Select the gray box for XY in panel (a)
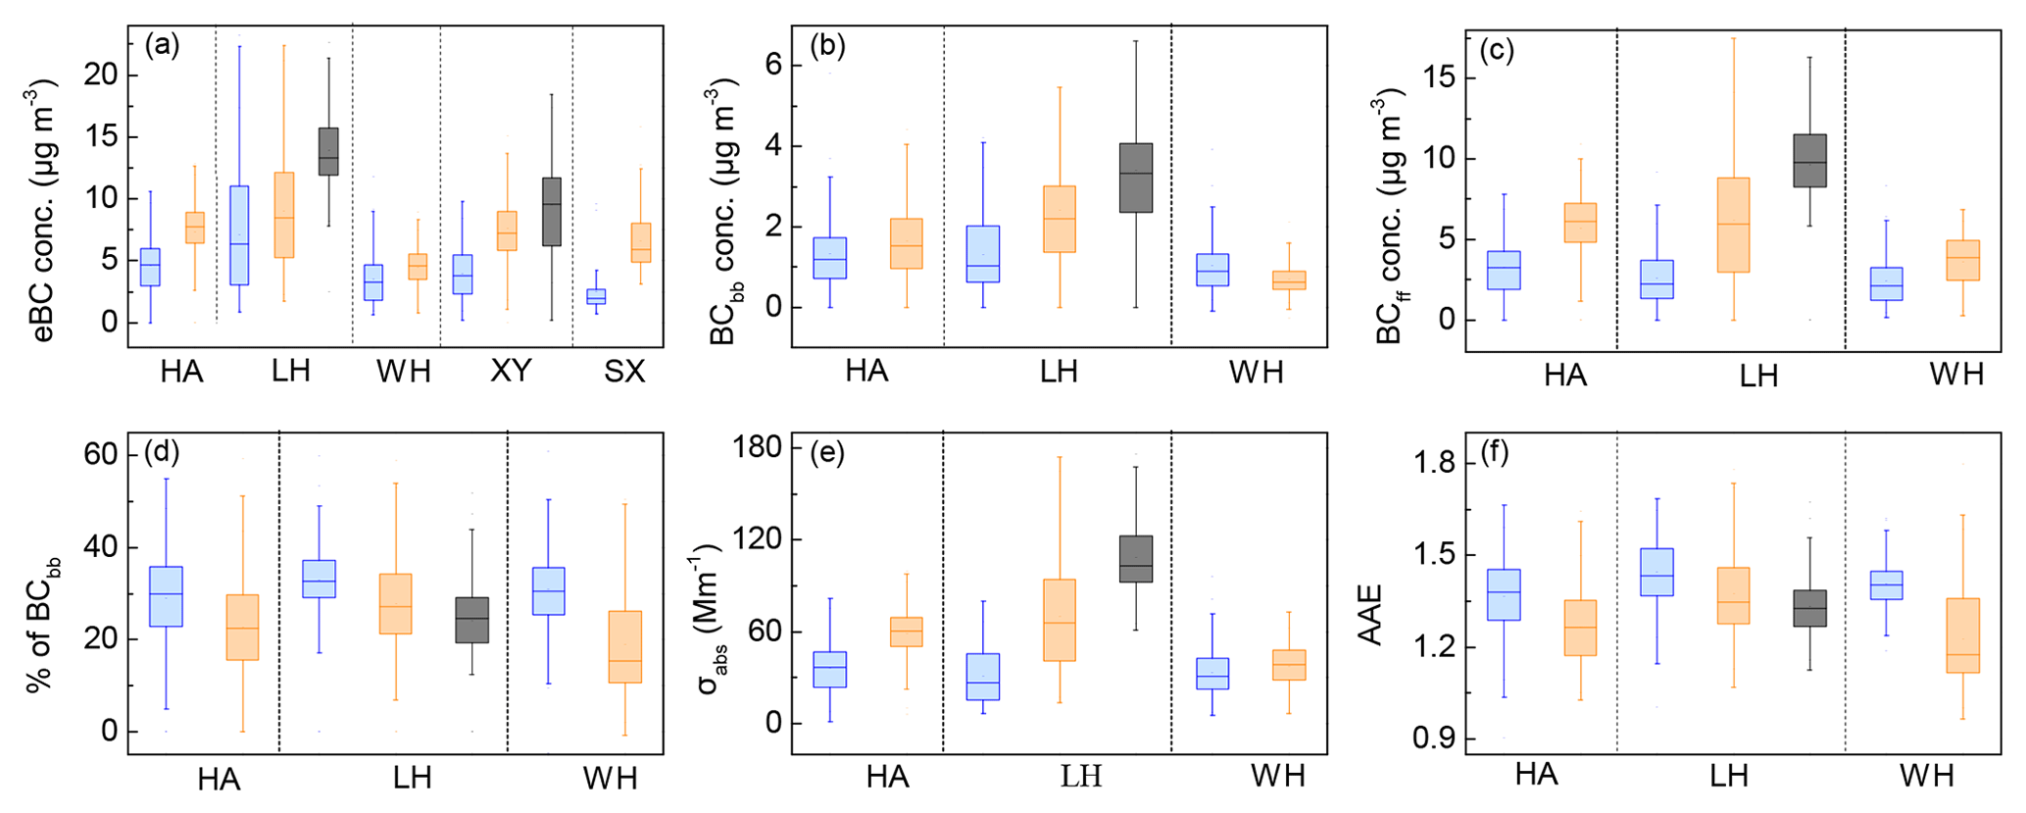point(552,211)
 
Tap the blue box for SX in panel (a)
point(596,296)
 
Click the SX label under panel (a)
point(624,371)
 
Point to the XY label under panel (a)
point(511,371)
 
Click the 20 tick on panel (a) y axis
point(100,75)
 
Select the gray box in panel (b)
point(1136,178)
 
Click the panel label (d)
point(162,452)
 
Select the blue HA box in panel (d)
point(167,596)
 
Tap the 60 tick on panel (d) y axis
point(100,455)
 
